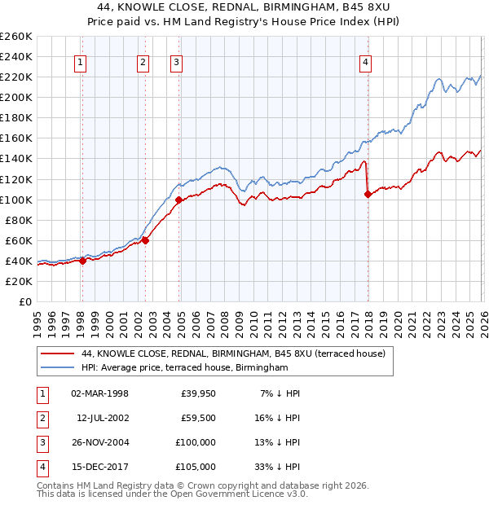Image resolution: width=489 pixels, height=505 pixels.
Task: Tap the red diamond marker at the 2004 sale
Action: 179,200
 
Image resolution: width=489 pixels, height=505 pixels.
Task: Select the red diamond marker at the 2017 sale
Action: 368,194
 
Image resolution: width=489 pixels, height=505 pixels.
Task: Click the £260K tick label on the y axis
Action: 15,37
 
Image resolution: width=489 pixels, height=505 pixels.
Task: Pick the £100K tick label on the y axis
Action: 15,200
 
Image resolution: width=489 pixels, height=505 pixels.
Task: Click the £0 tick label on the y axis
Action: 24,301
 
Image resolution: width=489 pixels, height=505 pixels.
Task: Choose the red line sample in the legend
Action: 58,354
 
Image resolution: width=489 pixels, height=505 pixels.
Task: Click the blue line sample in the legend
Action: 58,368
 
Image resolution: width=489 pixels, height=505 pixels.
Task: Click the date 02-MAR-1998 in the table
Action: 99,393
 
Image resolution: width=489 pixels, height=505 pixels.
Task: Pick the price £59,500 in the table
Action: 198,418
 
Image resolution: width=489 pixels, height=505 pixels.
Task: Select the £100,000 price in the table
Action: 196,442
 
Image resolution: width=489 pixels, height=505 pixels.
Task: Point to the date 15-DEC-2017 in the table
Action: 99,467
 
